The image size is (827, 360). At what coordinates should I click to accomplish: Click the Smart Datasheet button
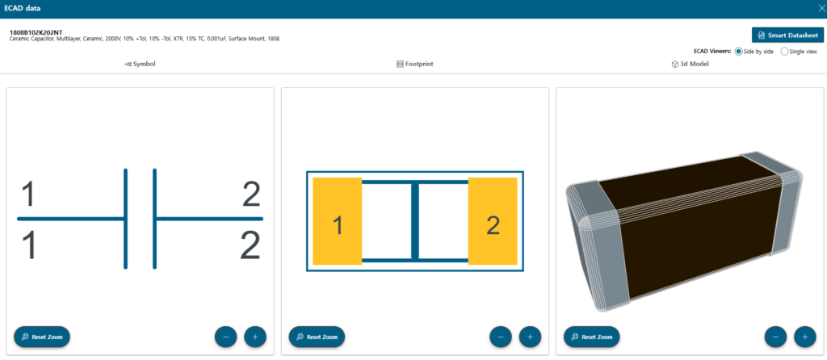787,36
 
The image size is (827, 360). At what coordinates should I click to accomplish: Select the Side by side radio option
738,52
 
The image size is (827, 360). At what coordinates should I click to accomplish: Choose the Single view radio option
784,52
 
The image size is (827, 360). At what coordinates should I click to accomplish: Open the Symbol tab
140,65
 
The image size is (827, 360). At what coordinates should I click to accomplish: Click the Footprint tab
415,65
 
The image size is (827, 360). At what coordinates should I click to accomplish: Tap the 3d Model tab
690,65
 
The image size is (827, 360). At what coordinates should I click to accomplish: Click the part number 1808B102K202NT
36,32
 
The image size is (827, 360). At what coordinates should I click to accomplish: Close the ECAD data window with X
821,8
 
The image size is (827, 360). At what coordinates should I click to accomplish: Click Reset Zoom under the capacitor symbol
42,337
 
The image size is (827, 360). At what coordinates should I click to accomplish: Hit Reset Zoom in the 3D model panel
592,337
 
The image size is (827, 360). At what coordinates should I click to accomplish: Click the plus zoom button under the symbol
255,337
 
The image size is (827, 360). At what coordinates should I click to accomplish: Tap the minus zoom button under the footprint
501,337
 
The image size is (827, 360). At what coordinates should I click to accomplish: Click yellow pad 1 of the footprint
337,221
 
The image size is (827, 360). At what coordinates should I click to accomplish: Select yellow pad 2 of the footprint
493,221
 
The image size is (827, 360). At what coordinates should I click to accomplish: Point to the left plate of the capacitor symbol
125,219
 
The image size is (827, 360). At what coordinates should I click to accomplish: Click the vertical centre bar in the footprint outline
415,221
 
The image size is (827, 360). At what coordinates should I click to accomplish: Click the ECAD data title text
22,9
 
